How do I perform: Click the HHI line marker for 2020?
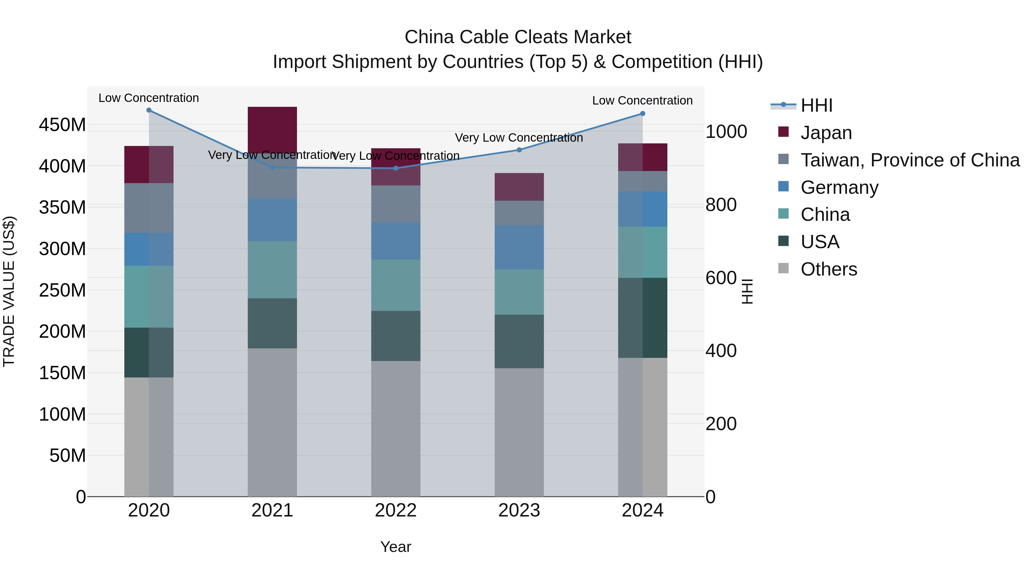click(x=149, y=110)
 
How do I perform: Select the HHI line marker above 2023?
click(x=519, y=150)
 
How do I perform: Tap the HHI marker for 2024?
click(x=642, y=114)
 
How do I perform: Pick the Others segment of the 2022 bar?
click(x=395, y=428)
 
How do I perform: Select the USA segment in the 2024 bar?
click(x=642, y=318)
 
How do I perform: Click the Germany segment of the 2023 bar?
click(x=519, y=247)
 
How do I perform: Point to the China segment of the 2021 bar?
click(x=272, y=269)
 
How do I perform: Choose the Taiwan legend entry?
click(x=910, y=160)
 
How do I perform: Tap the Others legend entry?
click(x=829, y=269)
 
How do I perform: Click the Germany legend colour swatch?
click(x=783, y=187)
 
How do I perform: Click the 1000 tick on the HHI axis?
click(x=726, y=132)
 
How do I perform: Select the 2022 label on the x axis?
click(x=395, y=510)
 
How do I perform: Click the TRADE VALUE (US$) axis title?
click(x=9, y=291)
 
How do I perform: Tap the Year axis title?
click(x=395, y=547)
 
